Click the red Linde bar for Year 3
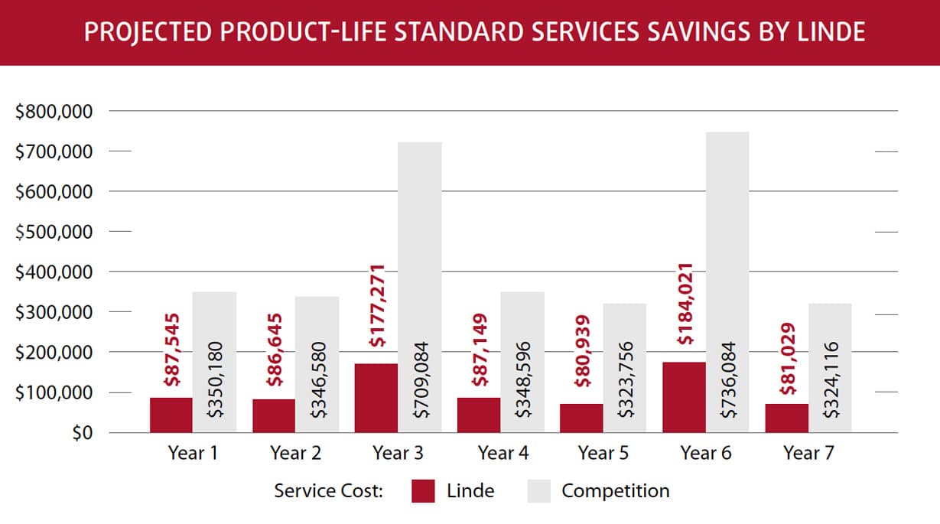pos(376,398)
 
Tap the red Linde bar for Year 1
pos(171,415)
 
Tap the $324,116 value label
pos(831,379)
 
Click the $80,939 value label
pos(581,353)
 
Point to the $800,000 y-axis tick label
pos(54,112)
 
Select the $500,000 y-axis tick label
pos(54,232)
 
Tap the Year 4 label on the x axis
pos(503,453)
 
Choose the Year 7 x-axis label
pos(808,453)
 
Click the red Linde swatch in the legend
pos(423,491)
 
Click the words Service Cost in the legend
pos(329,491)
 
